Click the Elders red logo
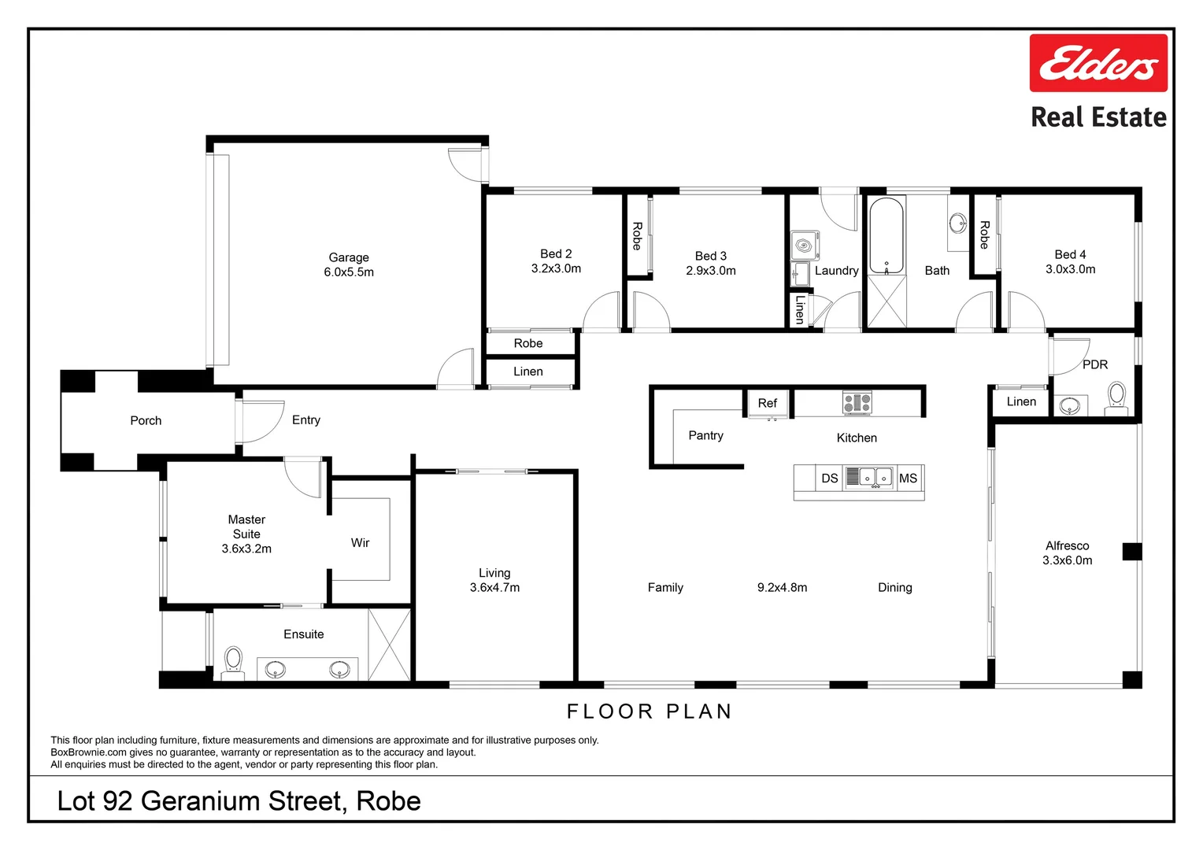click(1098, 63)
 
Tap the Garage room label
click(349, 257)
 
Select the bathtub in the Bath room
click(887, 235)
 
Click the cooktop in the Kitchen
click(857, 403)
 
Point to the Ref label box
click(768, 403)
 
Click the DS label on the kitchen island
click(830, 478)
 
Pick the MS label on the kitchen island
click(908, 478)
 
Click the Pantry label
click(705, 435)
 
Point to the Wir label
click(360, 542)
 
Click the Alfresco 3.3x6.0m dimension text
click(1067, 560)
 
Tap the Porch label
click(146, 420)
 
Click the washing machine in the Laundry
click(805, 246)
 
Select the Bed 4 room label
click(1070, 254)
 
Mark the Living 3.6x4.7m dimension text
click(494, 587)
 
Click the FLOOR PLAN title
click(650, 711)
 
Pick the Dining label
click(894, 587)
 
